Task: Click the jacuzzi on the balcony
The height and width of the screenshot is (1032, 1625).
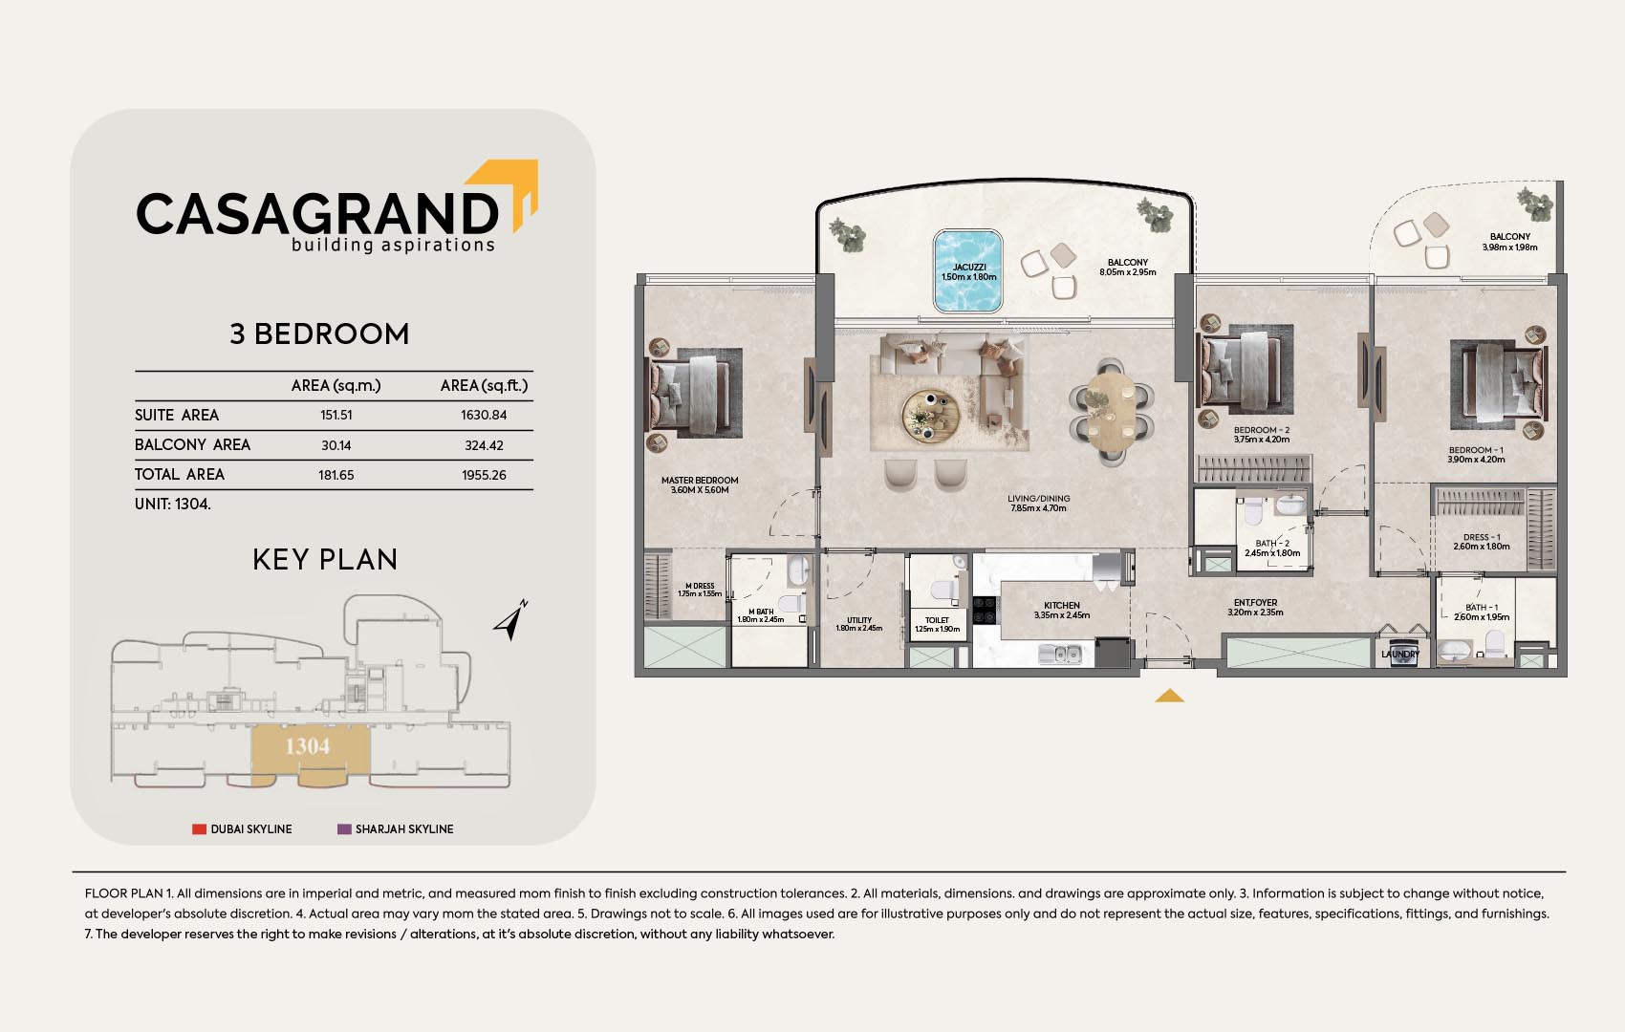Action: [967, 271]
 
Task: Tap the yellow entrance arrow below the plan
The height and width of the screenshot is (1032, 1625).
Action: [1169, 697]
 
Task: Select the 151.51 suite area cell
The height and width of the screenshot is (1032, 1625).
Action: [336, 415]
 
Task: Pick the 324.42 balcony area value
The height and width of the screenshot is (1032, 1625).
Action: [484, 445]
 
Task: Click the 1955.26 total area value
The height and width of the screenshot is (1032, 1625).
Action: [484, 475]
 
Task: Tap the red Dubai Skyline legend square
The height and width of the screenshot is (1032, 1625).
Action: [199, 828]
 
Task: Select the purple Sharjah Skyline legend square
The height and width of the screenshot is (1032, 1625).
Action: [344, 828]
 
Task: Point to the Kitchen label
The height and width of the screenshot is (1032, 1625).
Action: [1062, 606]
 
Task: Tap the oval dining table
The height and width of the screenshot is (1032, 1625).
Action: [1112, 411]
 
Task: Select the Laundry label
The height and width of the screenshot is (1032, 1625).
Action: [1400, 655]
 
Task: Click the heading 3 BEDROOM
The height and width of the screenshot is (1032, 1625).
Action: [320, 334]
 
